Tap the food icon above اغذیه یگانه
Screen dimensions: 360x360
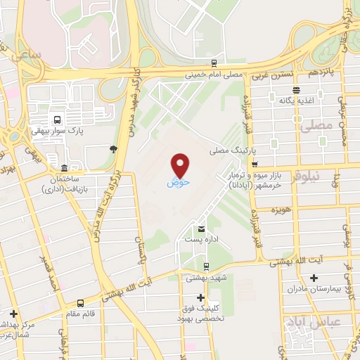(x=297, y=89)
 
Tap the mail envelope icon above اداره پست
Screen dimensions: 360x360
(x=202, y=230)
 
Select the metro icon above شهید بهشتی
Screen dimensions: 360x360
(x=205, y=266)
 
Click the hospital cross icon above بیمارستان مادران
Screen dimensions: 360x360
(x=314, y=278)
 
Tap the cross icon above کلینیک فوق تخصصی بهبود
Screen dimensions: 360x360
(x=200, y=297)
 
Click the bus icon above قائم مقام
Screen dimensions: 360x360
(x=80, y=304)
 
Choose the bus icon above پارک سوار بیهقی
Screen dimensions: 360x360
(x=57, y=119)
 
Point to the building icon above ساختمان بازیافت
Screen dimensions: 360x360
(x=65, y=168)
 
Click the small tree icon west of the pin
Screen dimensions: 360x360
(x=113, y=148)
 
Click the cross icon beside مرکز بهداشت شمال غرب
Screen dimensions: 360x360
(x=13, y=313)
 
